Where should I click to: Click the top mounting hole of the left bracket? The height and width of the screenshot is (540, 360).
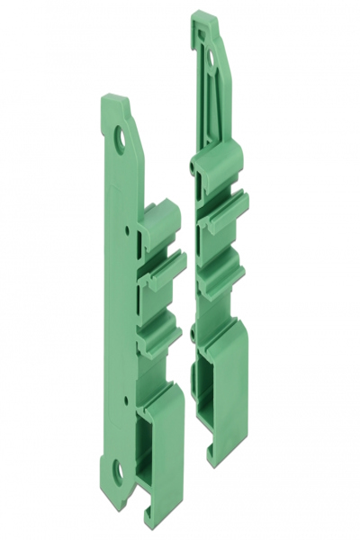pyautogui.click(x=120, y=137)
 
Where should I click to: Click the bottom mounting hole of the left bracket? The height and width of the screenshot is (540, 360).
pyautogui.click(x=117, y=468)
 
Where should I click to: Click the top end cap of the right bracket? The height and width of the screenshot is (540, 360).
pyautogui.click(x=205, y=18)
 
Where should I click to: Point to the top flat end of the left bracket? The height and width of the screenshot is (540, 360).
pyautogui.click(x=115, y=99)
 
